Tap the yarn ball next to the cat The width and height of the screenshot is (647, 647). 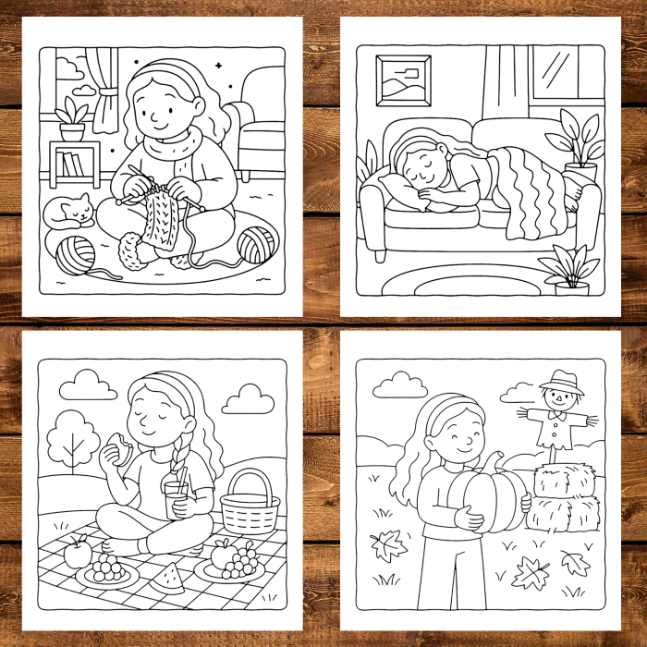tap(75, 254)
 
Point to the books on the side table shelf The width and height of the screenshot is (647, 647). tap(69, 166)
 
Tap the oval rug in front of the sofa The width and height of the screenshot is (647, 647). tap(462, 277)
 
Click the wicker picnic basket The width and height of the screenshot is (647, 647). tap(250, 504)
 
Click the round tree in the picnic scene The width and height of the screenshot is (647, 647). tap(71, 434)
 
